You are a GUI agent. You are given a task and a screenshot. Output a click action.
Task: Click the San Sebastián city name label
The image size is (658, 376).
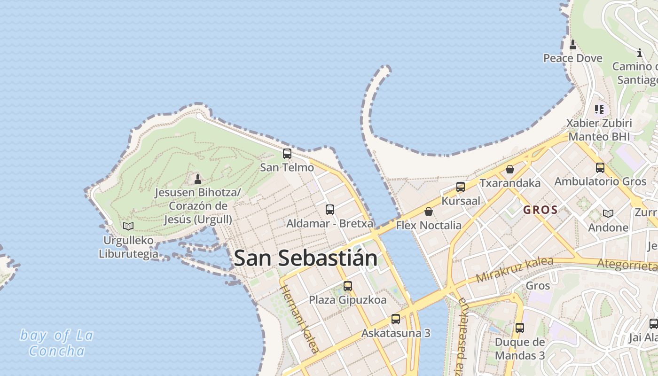305,258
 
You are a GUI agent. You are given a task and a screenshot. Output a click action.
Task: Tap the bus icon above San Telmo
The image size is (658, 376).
287,153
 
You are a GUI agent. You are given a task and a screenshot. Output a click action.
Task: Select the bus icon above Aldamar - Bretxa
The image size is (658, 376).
330,209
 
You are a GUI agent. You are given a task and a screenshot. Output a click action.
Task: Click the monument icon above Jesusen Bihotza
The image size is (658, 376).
198,179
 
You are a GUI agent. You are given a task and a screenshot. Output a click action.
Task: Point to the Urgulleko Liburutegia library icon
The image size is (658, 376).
128,226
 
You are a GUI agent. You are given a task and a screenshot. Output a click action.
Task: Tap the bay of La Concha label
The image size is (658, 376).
56,343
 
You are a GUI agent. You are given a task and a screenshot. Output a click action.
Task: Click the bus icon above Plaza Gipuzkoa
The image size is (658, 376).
348,286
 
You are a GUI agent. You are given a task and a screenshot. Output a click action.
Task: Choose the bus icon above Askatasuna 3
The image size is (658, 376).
396,319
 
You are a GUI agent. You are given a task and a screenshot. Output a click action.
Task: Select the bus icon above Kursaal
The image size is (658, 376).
461,187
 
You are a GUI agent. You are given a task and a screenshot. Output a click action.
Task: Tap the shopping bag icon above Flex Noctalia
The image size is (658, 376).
429,211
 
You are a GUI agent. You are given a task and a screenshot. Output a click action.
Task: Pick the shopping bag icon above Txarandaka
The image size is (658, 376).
510,169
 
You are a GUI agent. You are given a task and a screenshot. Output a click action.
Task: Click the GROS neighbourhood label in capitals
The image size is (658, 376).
540,210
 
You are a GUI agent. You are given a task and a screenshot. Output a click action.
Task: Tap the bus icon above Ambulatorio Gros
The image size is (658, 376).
600,167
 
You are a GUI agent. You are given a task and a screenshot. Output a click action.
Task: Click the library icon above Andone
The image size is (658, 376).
608,213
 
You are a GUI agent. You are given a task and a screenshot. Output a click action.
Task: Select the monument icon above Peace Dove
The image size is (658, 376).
572,45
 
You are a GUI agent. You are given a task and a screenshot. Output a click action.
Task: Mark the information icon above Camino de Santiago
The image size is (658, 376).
639,53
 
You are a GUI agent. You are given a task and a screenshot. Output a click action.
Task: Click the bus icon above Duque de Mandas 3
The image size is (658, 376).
519,328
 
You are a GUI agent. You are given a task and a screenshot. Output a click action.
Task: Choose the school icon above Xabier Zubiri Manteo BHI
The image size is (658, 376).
599,110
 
